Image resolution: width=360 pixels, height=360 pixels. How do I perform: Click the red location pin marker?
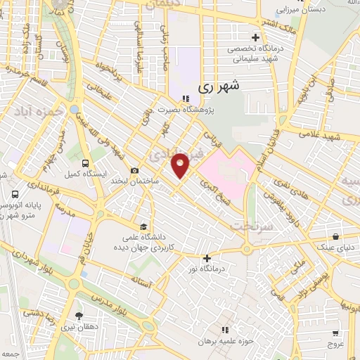(x=181, y=165)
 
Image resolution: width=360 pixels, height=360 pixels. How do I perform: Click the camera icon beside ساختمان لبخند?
(x=134, y=170)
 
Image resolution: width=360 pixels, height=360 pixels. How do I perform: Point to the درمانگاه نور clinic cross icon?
(x=206, y=258)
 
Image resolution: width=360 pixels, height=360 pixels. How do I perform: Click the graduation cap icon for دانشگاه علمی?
(x=143, y=226)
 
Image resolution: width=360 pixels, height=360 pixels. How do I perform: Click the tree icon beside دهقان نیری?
(x=77, y=315)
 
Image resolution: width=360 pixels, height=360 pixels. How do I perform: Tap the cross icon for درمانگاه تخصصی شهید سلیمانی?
(x=255, y=37)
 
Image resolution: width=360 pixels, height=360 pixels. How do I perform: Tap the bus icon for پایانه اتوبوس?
(x=15, y=194)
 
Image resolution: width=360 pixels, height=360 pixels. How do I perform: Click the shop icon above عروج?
(x=336, y=333)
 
